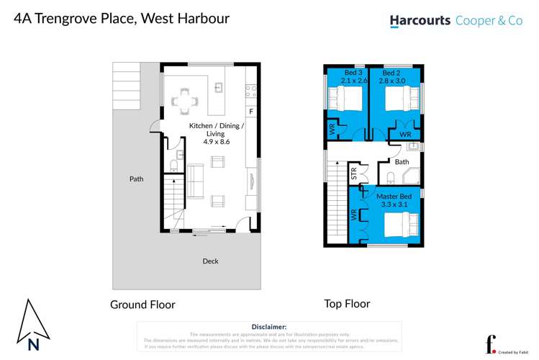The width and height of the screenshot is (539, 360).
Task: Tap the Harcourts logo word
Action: pos(420,21)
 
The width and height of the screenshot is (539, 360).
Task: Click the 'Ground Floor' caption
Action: pos(142,305)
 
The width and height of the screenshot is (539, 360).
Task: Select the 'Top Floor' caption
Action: pos(347,304)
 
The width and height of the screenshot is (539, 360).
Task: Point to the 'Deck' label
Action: pos(210,261)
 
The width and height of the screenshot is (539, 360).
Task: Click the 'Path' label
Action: pos(136,179)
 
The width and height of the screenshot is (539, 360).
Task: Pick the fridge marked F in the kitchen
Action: pos(250,112)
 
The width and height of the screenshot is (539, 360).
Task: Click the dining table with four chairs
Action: pos(186,101)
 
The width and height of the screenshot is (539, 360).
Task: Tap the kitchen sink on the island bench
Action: pos(220,89)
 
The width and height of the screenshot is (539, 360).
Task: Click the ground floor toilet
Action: pos(173,167)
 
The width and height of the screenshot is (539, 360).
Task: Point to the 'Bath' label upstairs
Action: pos(402,162)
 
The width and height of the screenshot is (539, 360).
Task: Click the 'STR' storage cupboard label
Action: pos(353,173)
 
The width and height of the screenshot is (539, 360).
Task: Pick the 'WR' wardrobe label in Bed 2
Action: pos(404,135)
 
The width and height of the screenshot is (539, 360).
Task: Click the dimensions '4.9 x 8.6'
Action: pos(216,142)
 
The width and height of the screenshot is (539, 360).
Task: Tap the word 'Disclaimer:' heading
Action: pos(269,327)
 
